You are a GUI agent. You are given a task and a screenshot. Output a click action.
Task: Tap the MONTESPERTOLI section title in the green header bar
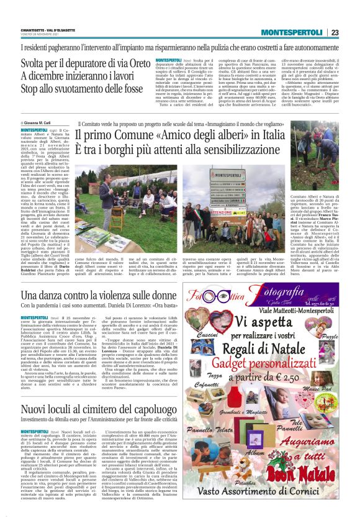pyautogui.click(x=293, y=32)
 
